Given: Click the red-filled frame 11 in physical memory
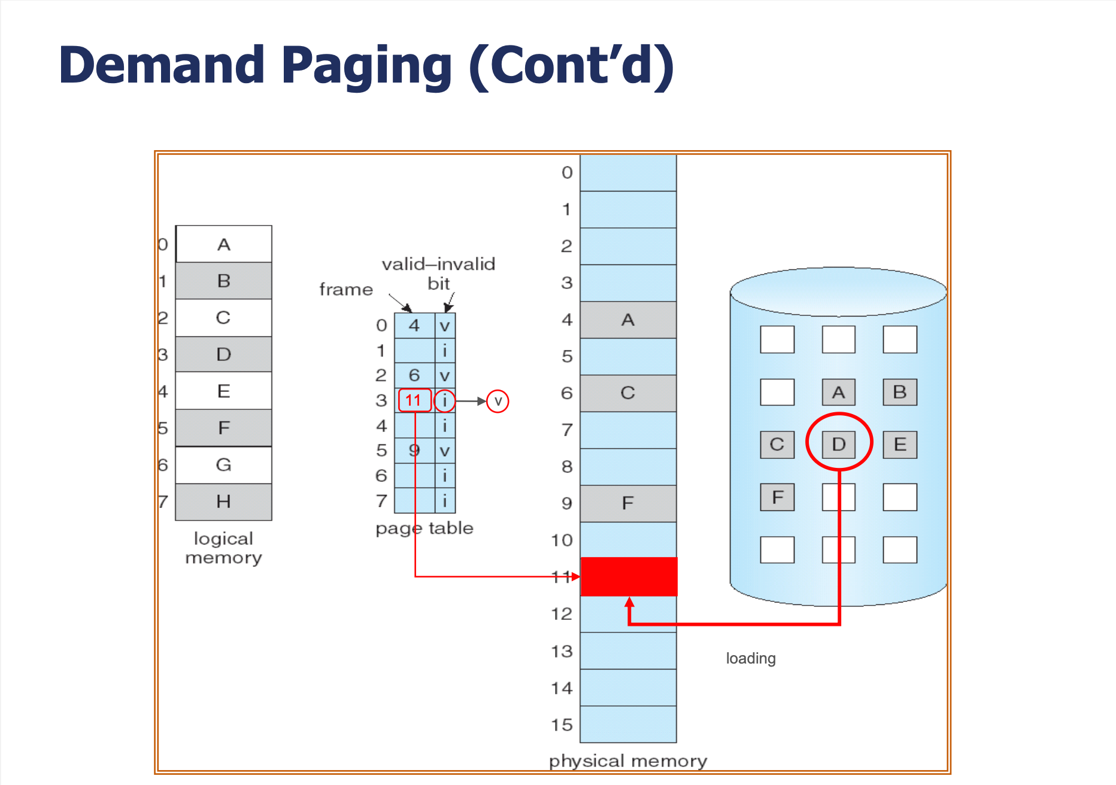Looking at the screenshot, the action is click(x=629, y=576).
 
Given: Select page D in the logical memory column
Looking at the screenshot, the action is click(x=223, y=354).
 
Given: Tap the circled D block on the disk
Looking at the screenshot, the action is click(x=839, y=445).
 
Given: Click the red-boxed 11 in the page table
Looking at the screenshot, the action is click(x=414, y=400).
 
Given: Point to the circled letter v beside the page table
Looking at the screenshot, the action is click(x=498, y=401).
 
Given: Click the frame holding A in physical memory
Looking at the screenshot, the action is click(x=628, y=320).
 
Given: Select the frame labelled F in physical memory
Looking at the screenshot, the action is click(x=628, y=503).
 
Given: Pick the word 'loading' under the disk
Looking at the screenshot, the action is click(x=751, y=659).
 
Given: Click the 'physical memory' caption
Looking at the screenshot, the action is click(x=628, y=761).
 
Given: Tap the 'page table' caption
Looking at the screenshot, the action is click(x=424, y=528).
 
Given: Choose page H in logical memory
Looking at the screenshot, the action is click(x=223, y=501).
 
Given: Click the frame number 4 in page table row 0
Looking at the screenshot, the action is click(x=414, y=325).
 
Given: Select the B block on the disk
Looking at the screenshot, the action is click(x=900, y=392).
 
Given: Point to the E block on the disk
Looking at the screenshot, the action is click(x=900, y=445).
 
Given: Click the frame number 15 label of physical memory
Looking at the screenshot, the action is click(x=562, y=725).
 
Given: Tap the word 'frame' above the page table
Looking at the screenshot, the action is click(x=346, y=290).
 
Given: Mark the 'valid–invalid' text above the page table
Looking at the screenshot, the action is click(x=438, y=264).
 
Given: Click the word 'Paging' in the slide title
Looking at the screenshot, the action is click(x=366, y=66).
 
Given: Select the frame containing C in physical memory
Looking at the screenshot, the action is click(x=628, y=393).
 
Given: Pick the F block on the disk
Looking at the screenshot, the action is click(x=777, y=497).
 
